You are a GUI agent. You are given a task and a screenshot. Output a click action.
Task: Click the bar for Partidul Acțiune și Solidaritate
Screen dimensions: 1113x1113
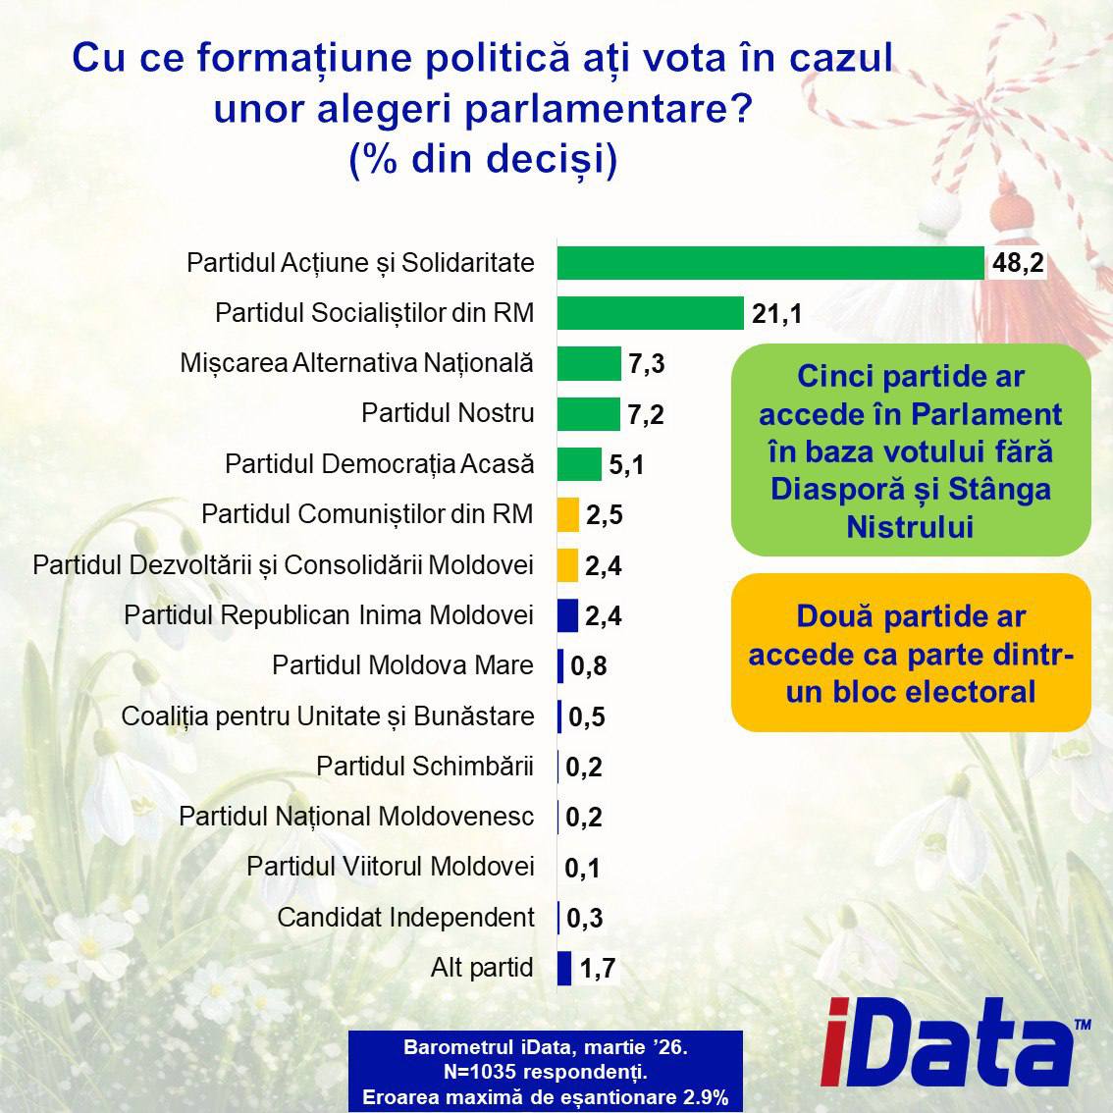tap(770, 263)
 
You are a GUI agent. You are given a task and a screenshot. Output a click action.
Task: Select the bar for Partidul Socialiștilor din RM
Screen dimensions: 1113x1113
tap(650, 313)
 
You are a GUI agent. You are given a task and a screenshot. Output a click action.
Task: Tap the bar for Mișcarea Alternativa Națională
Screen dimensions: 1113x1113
tap(589, 363)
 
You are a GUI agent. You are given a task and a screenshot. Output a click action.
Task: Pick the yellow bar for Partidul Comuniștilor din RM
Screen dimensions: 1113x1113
tap(567, 514)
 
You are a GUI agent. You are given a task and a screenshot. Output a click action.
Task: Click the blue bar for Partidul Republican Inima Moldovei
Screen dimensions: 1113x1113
tap(567, 615)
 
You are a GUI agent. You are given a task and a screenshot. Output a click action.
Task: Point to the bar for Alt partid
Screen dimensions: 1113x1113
tap(564, 969)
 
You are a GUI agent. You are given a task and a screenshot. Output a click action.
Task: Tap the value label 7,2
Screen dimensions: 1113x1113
tap(646, 414)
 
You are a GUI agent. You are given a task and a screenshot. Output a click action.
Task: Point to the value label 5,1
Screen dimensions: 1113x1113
tap(626, 464)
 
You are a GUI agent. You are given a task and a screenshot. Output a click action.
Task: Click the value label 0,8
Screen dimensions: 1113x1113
tap(588, 666)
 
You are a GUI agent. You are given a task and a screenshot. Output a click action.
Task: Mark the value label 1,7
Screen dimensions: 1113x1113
tap(597, 970)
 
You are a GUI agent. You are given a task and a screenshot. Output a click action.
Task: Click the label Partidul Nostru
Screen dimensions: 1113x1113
tap(448, 413)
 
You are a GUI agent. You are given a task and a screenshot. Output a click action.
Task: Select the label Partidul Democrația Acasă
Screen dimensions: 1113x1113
tap(380, 463)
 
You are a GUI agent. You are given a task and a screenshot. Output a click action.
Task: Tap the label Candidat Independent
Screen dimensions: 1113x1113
tap(405, 918)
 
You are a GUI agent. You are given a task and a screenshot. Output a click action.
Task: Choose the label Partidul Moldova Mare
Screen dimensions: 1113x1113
tap(402, 665)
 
